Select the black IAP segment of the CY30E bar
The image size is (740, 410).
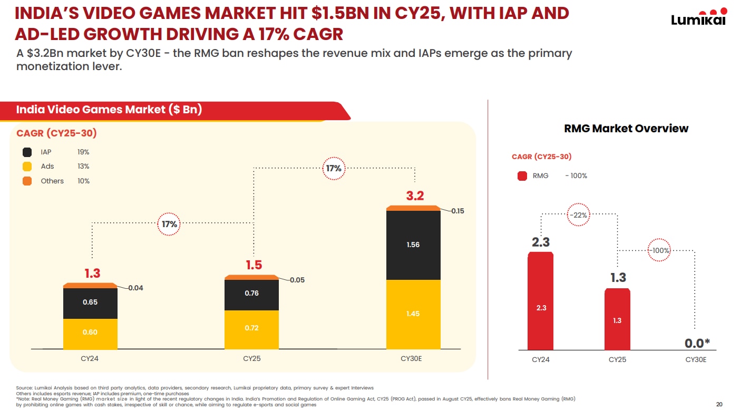tap(413, 245)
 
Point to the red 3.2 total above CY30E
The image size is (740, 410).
tap(415, 196)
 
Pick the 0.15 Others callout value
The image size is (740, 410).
tap(457, 211)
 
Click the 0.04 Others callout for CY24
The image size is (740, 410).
tap(135, 288)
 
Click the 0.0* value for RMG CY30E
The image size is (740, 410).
tap(697, 343)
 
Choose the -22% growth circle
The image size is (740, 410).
tap(579, 215)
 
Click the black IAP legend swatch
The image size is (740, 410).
tap(27, 152)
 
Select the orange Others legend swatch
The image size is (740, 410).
tap(27, 181)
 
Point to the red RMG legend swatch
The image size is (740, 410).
tap(522, 176)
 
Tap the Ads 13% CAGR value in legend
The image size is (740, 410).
tap(83, 167)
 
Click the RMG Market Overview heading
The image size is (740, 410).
tap(626, 129)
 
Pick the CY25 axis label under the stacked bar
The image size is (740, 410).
tap(252, 359)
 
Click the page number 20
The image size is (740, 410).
tap(719, 404)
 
